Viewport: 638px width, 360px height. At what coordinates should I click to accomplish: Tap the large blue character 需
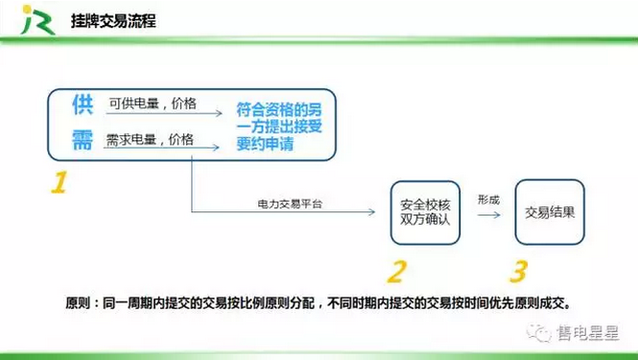pos(83,141)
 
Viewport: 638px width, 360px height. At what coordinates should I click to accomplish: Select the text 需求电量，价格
pos(150,140)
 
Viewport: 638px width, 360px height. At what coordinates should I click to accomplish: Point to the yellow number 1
pos(59,182)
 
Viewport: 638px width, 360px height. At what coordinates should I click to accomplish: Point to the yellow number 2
pos(396,272)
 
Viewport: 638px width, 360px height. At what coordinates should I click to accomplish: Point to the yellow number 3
pos(519,272)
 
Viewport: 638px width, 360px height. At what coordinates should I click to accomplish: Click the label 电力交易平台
pos(288,204)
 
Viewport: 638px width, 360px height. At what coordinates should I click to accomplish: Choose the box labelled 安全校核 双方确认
pos(425,211)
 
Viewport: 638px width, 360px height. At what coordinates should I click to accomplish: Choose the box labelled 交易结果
pos(550,212)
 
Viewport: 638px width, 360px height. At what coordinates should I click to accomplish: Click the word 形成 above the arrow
pos(487,200)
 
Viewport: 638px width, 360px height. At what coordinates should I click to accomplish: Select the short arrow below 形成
pos(488,215)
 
